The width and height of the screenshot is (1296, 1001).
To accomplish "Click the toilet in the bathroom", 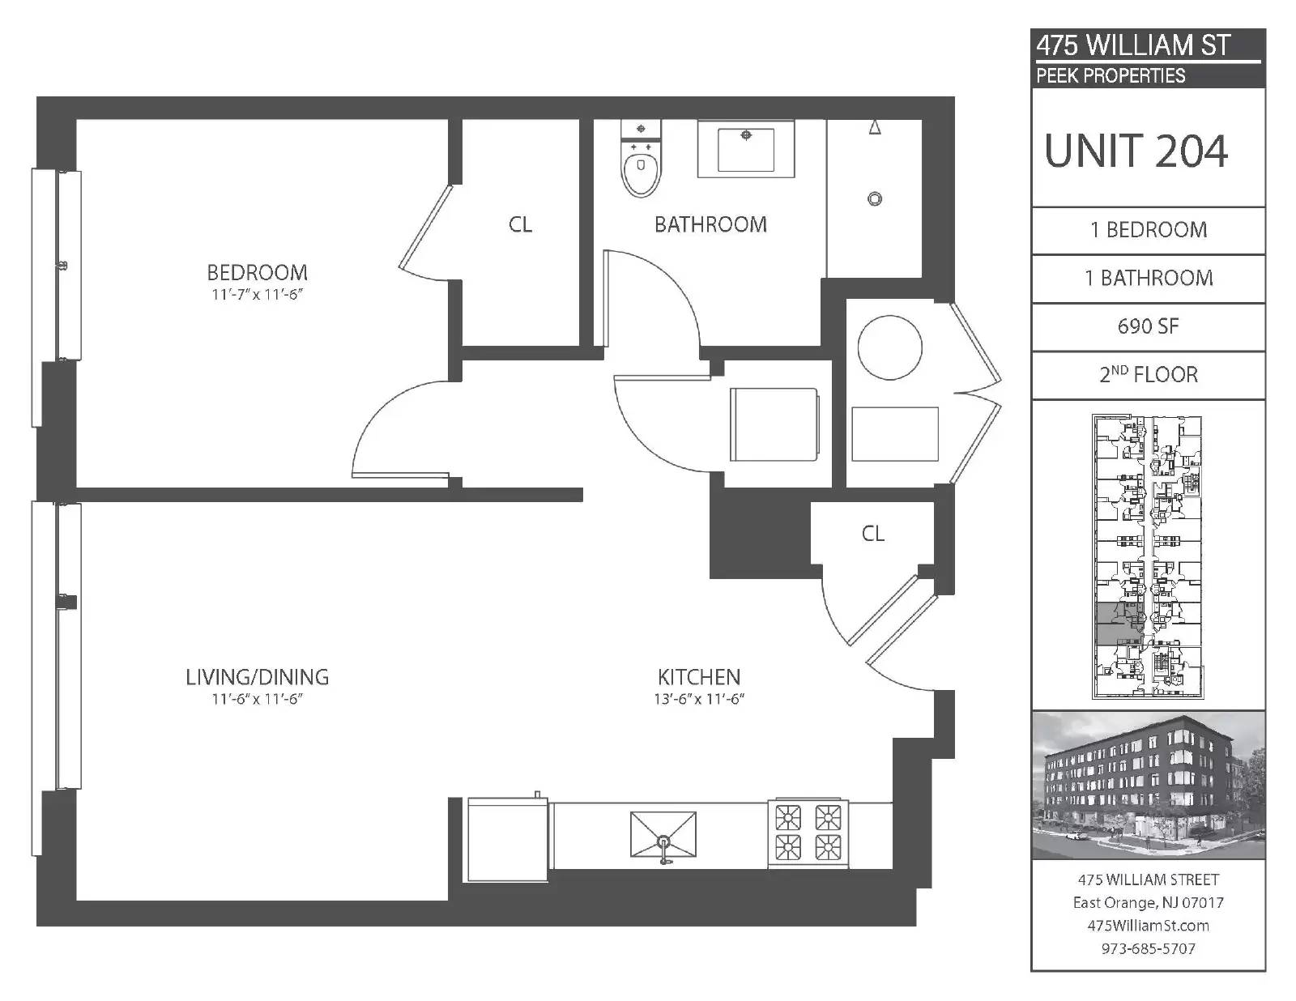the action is tap(642, 158).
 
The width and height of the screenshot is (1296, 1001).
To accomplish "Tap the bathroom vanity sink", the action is tap(745, 148).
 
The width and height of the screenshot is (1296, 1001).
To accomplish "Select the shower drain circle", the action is tap(875, 199).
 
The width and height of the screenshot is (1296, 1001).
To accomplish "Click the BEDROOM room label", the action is tap(257, 273).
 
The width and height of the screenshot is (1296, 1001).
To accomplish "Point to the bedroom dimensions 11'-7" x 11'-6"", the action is tap(257, 295).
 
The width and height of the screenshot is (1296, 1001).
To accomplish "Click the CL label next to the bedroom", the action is tap(520, 225).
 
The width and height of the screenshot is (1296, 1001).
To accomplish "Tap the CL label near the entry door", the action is tap(873, 534).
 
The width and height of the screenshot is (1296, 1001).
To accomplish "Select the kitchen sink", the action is tap(663, 837).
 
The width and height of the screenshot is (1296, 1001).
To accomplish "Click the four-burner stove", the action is tap(808, 833).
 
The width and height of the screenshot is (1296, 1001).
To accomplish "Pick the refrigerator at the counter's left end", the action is tap(508, 840).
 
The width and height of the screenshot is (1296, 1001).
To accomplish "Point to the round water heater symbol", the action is tap(890, 347).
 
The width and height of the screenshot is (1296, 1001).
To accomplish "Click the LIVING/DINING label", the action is tap(257, 677).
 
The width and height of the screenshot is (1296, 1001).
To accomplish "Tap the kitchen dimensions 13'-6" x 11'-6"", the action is tap(699, 699).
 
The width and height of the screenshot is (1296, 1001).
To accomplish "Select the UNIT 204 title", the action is tap(1136, 151).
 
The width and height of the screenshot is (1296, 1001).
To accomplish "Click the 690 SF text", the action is tap(1148, 326).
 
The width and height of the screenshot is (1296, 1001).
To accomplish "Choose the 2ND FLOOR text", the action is tap(1148, 374).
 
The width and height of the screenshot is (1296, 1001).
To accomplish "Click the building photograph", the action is tap(1148, 785).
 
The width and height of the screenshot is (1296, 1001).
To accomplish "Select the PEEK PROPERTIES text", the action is tap(1111, 76).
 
